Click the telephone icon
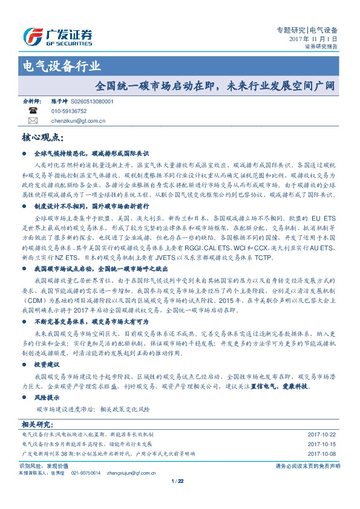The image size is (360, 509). click(x=32, y=111)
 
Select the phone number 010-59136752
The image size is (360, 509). click(x=69, y=112)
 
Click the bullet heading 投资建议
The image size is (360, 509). click(x=47, y=365)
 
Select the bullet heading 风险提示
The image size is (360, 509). click(x=47, y=397)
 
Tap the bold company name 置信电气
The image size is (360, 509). click(x=264, y=385)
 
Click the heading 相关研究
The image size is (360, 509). click(x=37, y=423)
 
